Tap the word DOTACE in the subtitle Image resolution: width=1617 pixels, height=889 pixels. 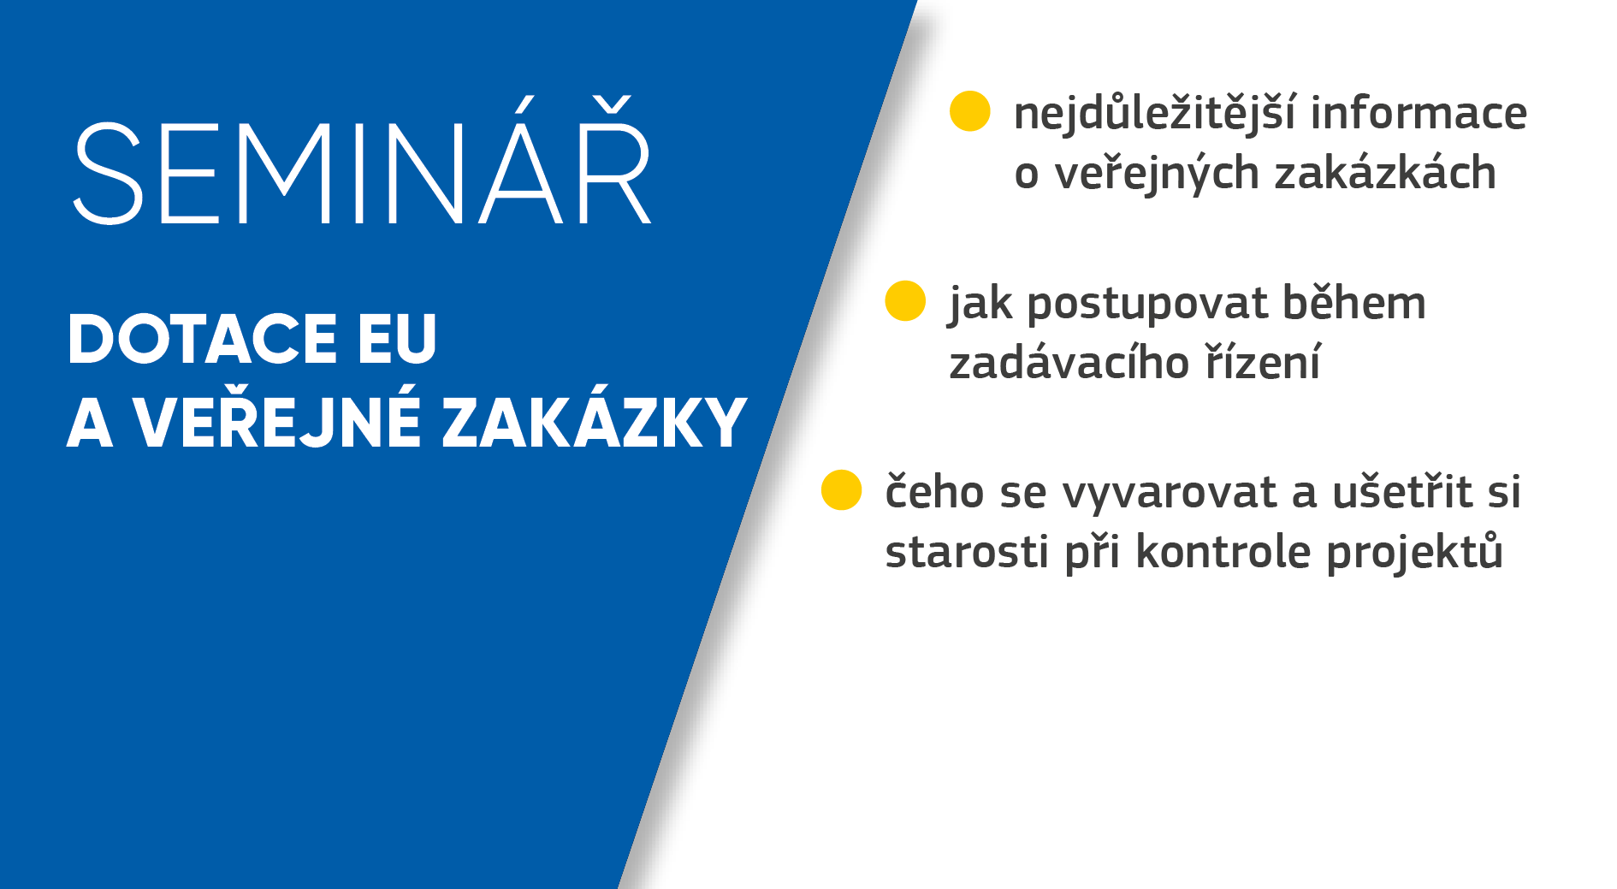[x=203, y=339]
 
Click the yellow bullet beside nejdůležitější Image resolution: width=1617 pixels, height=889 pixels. [x=970, y=111]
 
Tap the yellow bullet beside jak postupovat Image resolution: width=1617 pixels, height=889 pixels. [x=905, y=301]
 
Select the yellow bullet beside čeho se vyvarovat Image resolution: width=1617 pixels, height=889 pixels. [x=841, y=489]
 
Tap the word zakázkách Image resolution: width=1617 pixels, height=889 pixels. [x=1385, y=173]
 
